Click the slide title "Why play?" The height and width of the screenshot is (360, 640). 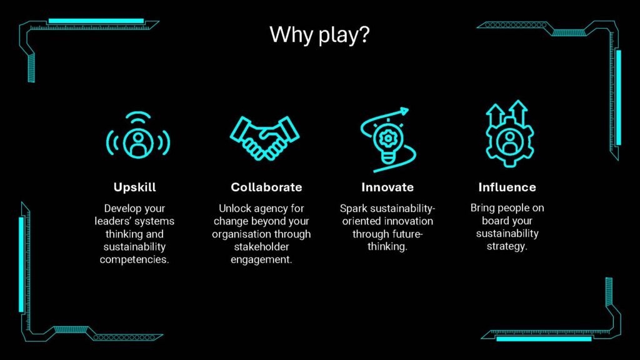319,35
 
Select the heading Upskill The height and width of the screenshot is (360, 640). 135,187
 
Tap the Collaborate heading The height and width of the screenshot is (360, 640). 266,187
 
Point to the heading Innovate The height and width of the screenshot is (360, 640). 387,187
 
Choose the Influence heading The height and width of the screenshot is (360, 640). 507,187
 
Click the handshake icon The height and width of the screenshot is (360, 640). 264,138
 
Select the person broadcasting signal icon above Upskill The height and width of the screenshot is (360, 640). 138,135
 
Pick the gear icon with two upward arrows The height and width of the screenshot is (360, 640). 509,134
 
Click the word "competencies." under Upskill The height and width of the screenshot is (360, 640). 134,259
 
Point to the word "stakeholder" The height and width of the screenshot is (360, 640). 261,246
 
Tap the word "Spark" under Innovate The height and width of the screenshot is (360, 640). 354,209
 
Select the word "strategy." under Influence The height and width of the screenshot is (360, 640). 507,246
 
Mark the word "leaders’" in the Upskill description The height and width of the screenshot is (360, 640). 111,221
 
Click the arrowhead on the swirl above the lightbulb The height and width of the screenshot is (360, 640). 404,111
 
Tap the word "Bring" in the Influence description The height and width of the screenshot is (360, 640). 482,208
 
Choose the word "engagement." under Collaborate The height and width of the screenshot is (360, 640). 261,259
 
